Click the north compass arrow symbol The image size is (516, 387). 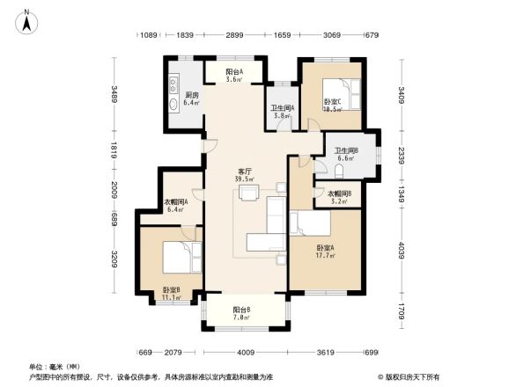click(27, 19)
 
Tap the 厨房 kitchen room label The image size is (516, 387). click(191, 98)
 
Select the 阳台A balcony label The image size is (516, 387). click(233, 74)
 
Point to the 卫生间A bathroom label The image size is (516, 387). click(283, 111)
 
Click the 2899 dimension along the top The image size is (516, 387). click(233, 34)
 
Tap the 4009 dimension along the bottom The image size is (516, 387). click(245, 352)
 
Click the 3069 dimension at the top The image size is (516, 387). click(331, 34)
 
